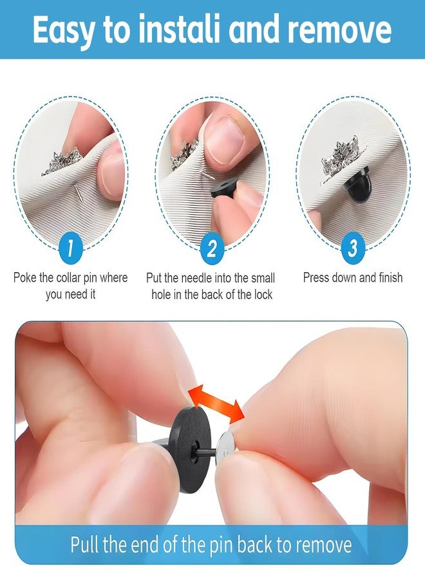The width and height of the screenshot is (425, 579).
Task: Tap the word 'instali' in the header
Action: (182, 29)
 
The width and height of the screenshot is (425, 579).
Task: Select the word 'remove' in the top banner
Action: (339, 30)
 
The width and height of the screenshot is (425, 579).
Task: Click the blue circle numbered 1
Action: (70, 248)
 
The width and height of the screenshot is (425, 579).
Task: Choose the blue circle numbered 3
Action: (353, 248)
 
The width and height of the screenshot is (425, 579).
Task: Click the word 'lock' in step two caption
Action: (263, 294)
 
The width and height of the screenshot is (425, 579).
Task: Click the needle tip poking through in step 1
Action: (79, 191)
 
